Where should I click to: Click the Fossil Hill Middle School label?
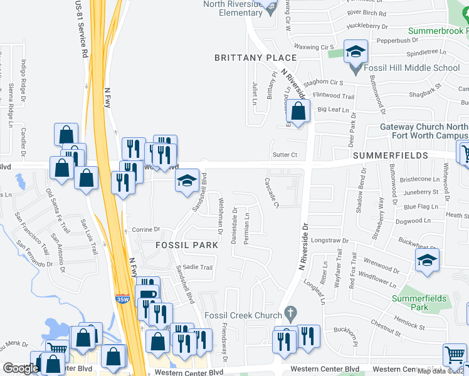pos(414,68)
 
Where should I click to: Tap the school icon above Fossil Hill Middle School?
pos(356,53)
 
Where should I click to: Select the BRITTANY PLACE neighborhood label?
pos(255,58)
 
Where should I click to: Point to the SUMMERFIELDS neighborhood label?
pos(390,155)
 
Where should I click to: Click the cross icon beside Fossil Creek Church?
pos(290,311)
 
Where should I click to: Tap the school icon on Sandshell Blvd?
pos(187,182)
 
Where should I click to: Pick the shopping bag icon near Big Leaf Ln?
pos(299,112)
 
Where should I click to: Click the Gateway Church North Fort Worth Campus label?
pos(424,131)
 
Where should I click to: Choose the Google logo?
pos(21,368)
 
